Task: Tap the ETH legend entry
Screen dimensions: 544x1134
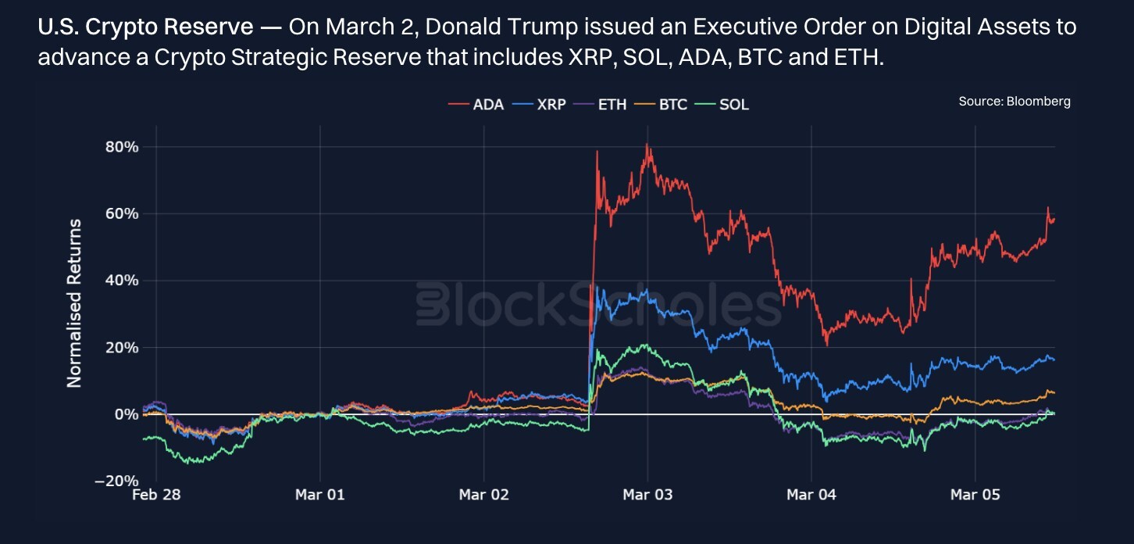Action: click(601, 104)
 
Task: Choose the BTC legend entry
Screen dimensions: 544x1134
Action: click(661, 104)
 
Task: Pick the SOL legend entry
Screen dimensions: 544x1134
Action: click(723, 104)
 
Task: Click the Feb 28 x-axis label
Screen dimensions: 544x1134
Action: click(156, 495)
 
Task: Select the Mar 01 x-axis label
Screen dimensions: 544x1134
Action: click(319, 495)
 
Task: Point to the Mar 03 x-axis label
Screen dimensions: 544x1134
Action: click(647, 495)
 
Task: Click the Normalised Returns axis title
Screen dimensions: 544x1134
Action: click(74, 303)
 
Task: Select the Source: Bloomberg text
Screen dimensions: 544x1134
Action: click(1015, 102)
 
